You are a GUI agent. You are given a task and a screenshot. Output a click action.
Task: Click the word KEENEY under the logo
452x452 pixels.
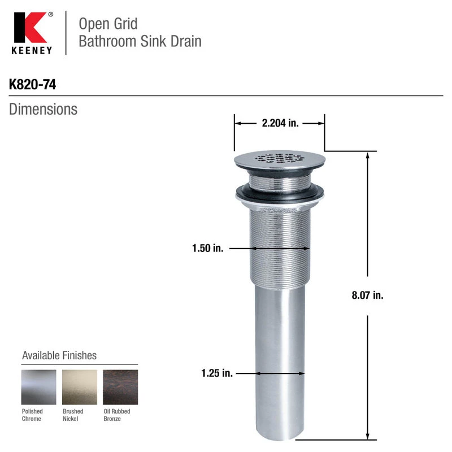click(32, 50)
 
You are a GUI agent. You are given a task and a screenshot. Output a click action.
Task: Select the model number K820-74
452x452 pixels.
click(33, 85)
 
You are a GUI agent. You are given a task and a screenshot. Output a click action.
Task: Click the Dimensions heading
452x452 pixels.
click(43, 109)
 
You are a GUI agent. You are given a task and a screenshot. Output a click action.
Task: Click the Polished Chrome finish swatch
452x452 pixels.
click(38, 387)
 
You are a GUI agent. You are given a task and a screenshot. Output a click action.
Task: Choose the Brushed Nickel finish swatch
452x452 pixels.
click(80, 387)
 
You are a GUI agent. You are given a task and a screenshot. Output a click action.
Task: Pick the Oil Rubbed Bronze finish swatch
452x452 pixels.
click(120, 387)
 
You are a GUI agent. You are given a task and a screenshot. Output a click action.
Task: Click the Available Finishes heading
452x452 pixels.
click(59, 355)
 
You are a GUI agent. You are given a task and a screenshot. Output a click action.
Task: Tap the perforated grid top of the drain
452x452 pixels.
click(279, 158)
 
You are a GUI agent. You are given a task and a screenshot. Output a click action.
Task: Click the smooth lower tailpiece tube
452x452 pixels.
click(279, 362)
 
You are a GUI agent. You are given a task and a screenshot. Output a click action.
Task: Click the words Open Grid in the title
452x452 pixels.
click(108, 24)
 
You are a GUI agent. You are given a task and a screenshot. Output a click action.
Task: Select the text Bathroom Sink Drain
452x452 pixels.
click(140, 41)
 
